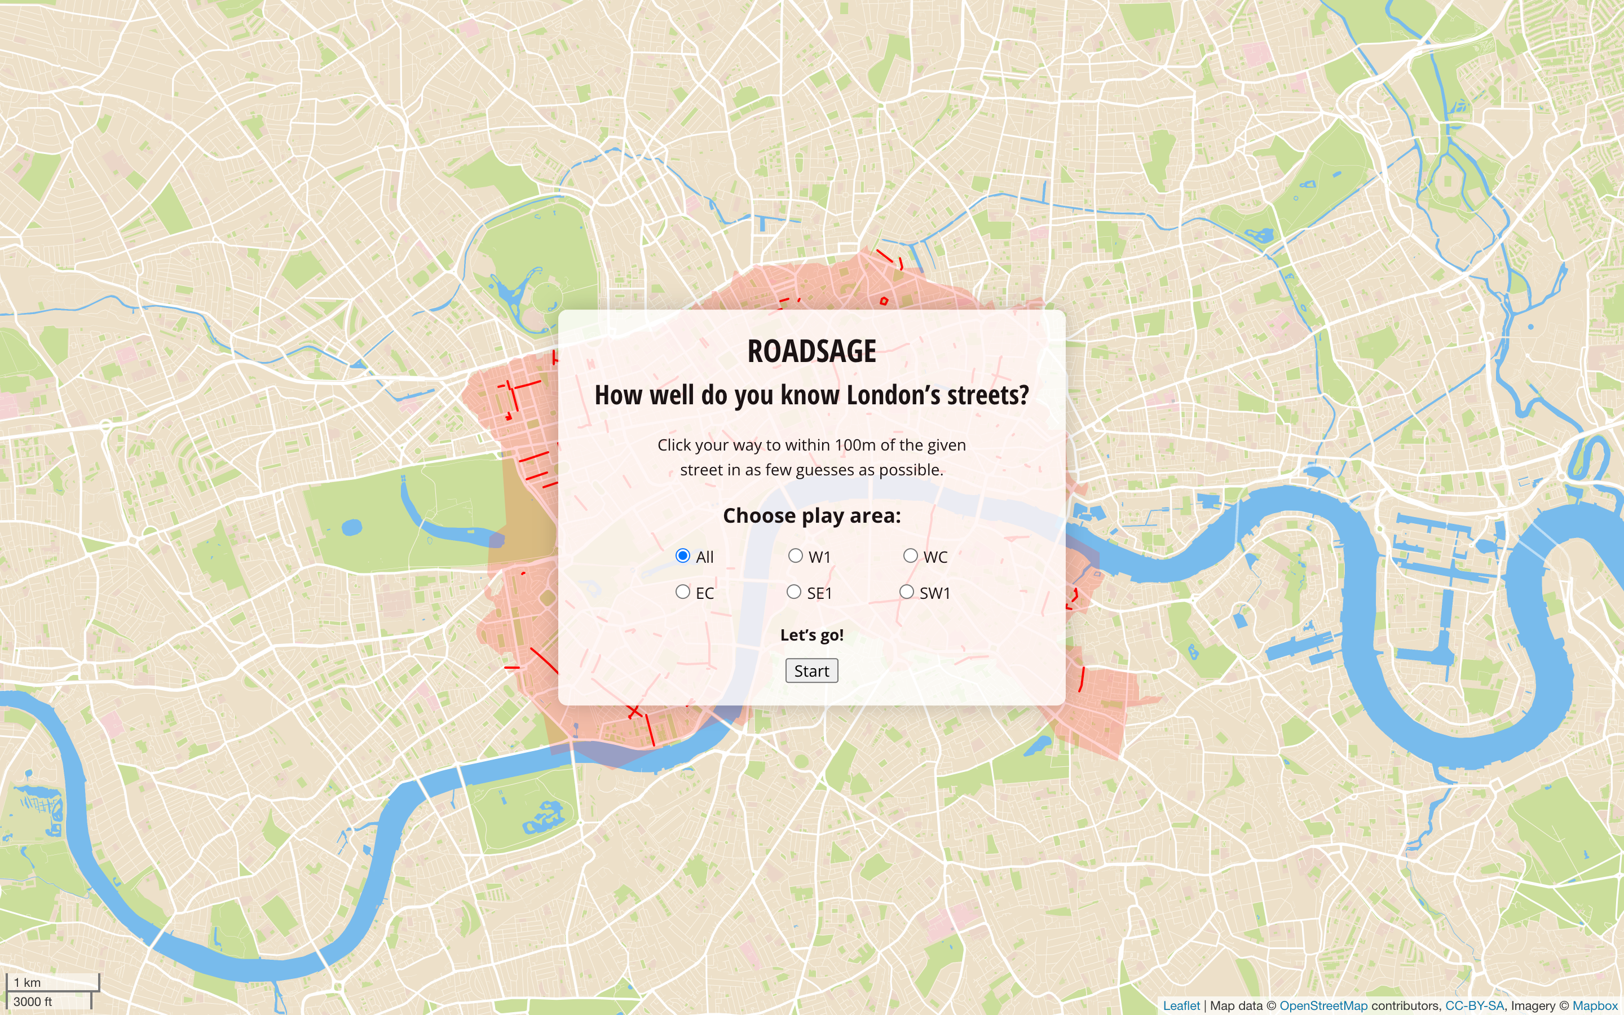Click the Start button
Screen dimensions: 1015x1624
pos(811,670)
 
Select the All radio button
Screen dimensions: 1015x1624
pos(682,556)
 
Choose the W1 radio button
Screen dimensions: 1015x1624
pos(795,556)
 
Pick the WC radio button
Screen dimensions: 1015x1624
pos(910,556)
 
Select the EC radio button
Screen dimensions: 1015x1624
pos(682,592)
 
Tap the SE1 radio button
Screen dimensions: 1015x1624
pos(794,592)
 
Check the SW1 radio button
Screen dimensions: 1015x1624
pos(907,592)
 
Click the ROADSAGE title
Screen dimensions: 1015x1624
pos(811,351)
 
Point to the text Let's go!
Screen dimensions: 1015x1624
pos(811,635)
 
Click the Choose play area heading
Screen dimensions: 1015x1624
pos(811,515)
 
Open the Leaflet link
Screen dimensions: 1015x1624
pos(1181,1005)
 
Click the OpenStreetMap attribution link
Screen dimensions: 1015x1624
pos(1323,1005)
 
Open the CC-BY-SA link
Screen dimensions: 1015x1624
pos(1475,1005)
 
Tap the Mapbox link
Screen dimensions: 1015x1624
pos(1595,1005)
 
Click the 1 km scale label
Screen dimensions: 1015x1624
pos(28,983)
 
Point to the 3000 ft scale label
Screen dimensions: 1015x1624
pos(32,1001)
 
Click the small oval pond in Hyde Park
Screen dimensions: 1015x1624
pos(352,528)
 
